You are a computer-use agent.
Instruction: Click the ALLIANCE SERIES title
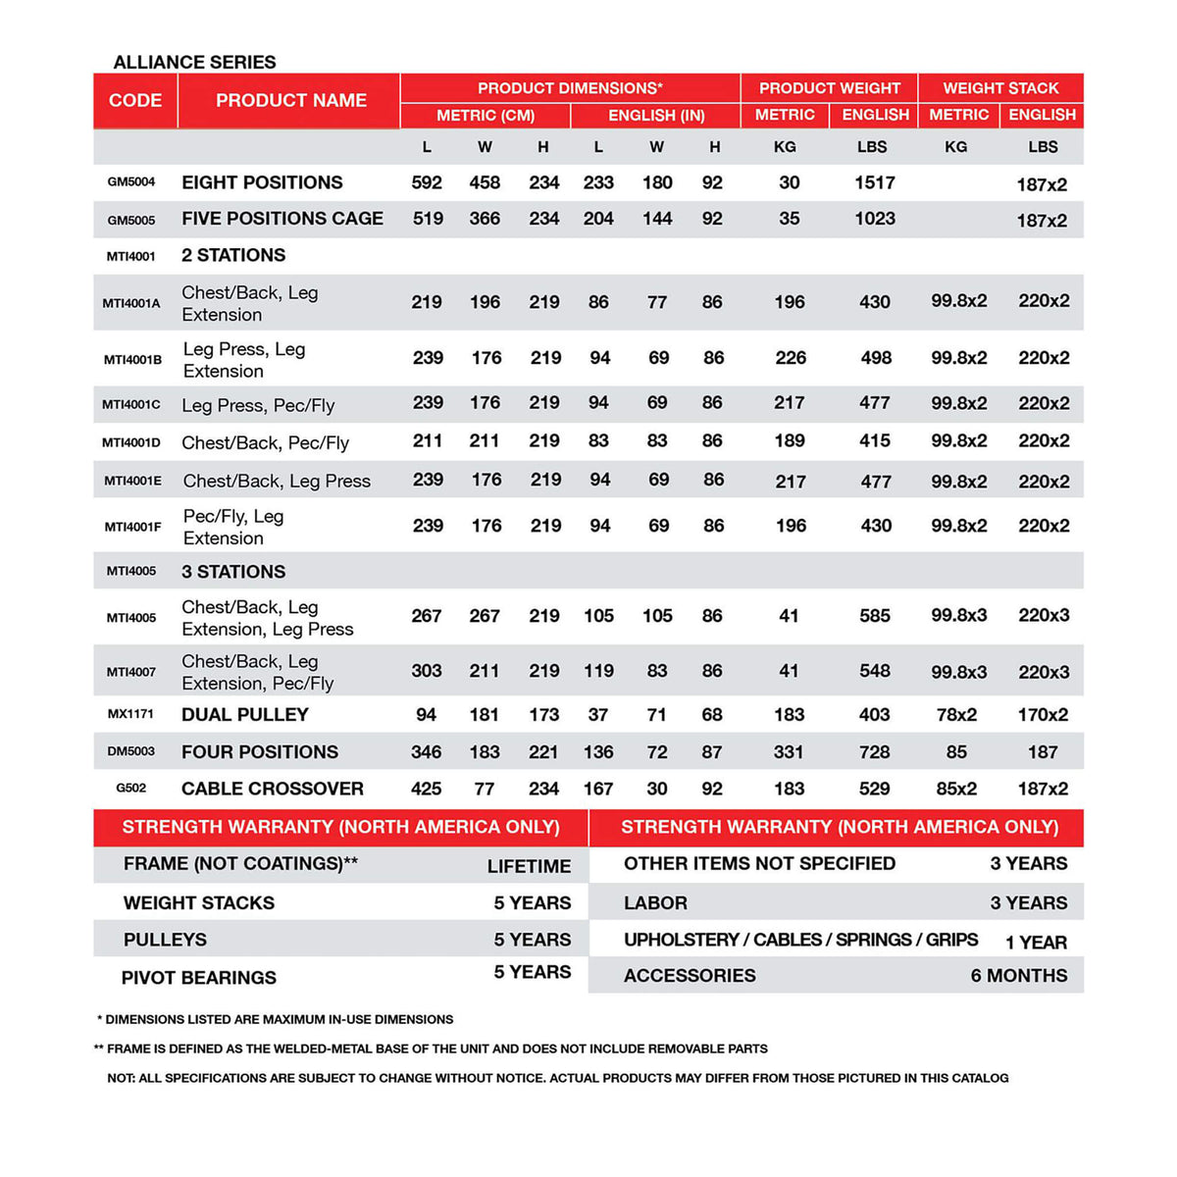click(194, 62)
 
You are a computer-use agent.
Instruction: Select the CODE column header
click(135, 100)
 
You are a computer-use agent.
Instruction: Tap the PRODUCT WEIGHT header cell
click(829, 87)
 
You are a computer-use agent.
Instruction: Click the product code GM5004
click(131, 181)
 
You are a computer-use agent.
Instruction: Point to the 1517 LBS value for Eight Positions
click(874, 182)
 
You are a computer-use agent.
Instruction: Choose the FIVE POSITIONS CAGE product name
click(282, 219)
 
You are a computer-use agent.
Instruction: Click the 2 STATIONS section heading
click(233, 255)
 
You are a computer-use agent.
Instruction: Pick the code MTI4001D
click(131, 442)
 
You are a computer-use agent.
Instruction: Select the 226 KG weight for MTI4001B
click(791, 358)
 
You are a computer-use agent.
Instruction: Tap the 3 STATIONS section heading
click(233, 572)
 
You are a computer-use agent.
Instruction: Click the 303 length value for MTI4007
click(427, 671)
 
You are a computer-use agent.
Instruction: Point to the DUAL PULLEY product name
click(245, 715)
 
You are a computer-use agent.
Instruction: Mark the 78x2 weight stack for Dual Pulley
click(956, 715)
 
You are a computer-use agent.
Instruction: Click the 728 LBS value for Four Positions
click(874, 752)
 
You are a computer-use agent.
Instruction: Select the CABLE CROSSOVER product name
click(273, 789)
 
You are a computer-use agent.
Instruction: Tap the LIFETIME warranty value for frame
click(529, 866)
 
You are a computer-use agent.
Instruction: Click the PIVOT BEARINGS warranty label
click(199, 978)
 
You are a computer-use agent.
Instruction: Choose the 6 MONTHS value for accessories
click(1019, 976)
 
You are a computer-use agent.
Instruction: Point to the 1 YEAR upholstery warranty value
click(1036, 943)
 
